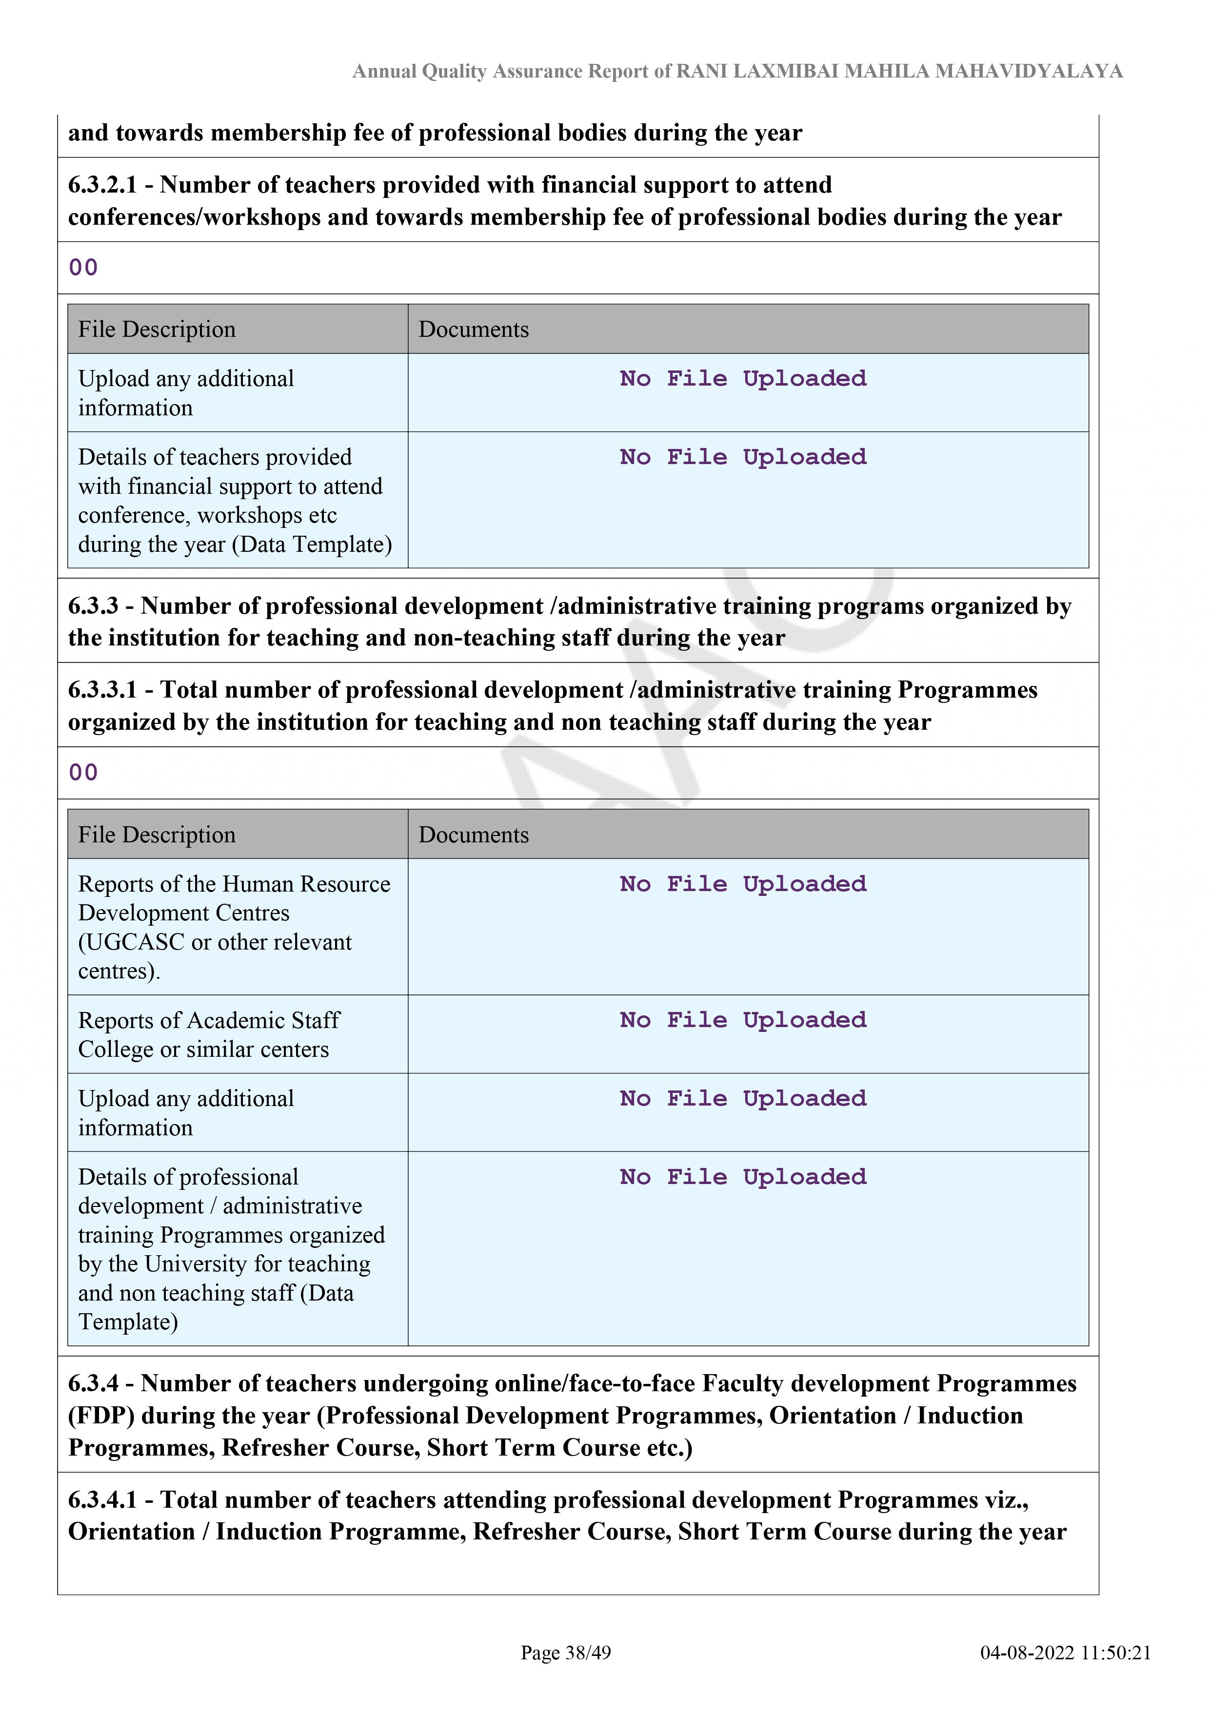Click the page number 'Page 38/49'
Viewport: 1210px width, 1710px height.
(x=566, y=1652)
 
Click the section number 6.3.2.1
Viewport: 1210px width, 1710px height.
(x=103, y=185)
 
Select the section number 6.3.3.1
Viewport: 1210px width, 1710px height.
(x=103, y=690)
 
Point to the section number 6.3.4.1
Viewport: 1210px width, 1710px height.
(x=103, y=1500)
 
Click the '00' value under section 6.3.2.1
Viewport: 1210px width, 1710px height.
(x=83, y=268)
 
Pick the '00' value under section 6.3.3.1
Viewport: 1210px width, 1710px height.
(x=83, y=772)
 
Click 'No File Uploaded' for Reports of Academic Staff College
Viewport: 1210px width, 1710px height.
(x=743, y=1020)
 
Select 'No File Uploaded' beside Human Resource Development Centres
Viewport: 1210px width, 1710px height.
(x=743, y=884)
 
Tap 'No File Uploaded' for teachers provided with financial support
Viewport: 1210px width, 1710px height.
(x=743, y=457)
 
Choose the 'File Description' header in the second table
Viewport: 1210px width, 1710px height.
(x=157, y=835)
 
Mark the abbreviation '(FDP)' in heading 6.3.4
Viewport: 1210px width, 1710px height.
(x=101, y=1416)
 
